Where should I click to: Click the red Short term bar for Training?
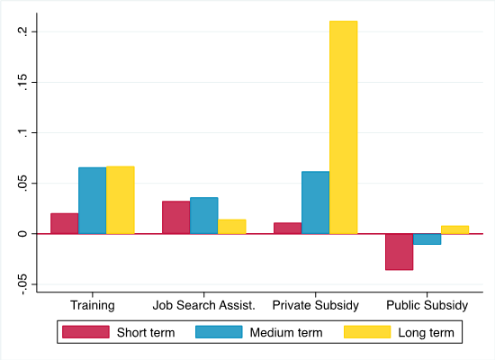coord(65,223)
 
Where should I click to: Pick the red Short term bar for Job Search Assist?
coord(176,217)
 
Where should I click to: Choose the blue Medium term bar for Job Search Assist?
coord(204,215)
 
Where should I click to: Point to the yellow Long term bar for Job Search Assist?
coord(232,227)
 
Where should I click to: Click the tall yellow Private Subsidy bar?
coord(343,127)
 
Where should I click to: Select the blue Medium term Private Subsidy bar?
coord(315,202)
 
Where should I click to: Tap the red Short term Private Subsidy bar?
coord(287,228)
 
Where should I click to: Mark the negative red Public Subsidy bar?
coord(399,251)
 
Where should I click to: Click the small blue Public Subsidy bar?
coord(427,238)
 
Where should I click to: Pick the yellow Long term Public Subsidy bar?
coord(454,229)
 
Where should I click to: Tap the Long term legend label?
coord(427,333)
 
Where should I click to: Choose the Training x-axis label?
coord(93,305)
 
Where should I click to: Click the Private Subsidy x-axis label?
coord(315,305)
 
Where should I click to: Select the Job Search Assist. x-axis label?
coord(204,305)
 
